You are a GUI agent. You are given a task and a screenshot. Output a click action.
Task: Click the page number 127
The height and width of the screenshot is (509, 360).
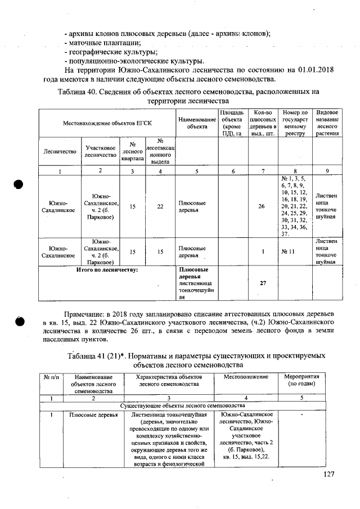(x=329, y=475)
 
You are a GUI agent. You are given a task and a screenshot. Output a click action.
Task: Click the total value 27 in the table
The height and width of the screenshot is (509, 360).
(x=262, y=283)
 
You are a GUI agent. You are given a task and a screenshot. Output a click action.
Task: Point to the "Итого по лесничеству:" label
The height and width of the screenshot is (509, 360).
(x=107, y=269)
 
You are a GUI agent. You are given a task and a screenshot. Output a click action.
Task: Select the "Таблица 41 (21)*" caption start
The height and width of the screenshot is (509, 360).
(x=98, y=356)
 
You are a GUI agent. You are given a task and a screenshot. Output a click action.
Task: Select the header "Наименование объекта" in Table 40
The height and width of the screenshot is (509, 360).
(x=196, y=123)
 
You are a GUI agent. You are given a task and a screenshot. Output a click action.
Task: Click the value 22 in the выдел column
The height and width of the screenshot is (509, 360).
(x=160, y=206)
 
